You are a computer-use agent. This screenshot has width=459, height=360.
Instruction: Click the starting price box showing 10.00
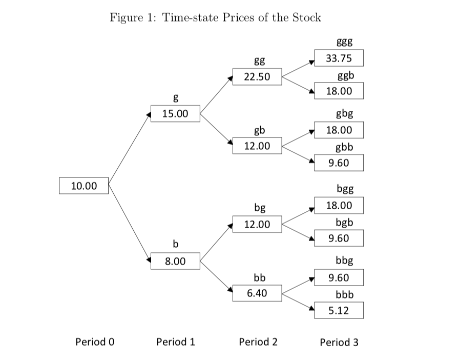[x=84, y=185]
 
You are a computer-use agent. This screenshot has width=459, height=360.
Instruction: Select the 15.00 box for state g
[x=175, y=113]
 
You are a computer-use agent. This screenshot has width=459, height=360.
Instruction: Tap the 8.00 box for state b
[x=175, y=261]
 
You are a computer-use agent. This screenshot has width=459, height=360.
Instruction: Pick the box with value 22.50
[x=257, y=77]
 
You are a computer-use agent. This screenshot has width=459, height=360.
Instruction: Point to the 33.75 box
[x=339, y=58]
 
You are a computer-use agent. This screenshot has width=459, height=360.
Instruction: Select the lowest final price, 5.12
[x=339, y=310]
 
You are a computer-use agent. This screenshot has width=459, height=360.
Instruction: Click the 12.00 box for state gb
[x=257, y=146]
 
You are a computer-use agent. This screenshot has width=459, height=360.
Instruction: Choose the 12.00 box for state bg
[x=257, y=224]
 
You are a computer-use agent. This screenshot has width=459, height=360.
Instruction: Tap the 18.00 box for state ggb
[x=339, y=91]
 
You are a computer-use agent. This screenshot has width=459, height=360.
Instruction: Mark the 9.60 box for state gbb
[x=339, y=163]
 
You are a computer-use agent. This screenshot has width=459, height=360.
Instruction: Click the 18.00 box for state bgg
[x=339, y=206]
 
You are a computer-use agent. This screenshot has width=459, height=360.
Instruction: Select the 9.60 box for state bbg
[x=339, y=278]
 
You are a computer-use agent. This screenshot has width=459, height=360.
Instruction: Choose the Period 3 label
[x=339, y=342]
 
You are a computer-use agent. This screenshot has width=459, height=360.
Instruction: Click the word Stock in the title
[x=306, y=17]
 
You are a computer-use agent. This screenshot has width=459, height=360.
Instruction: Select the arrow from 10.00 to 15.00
[x=128, y=149]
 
